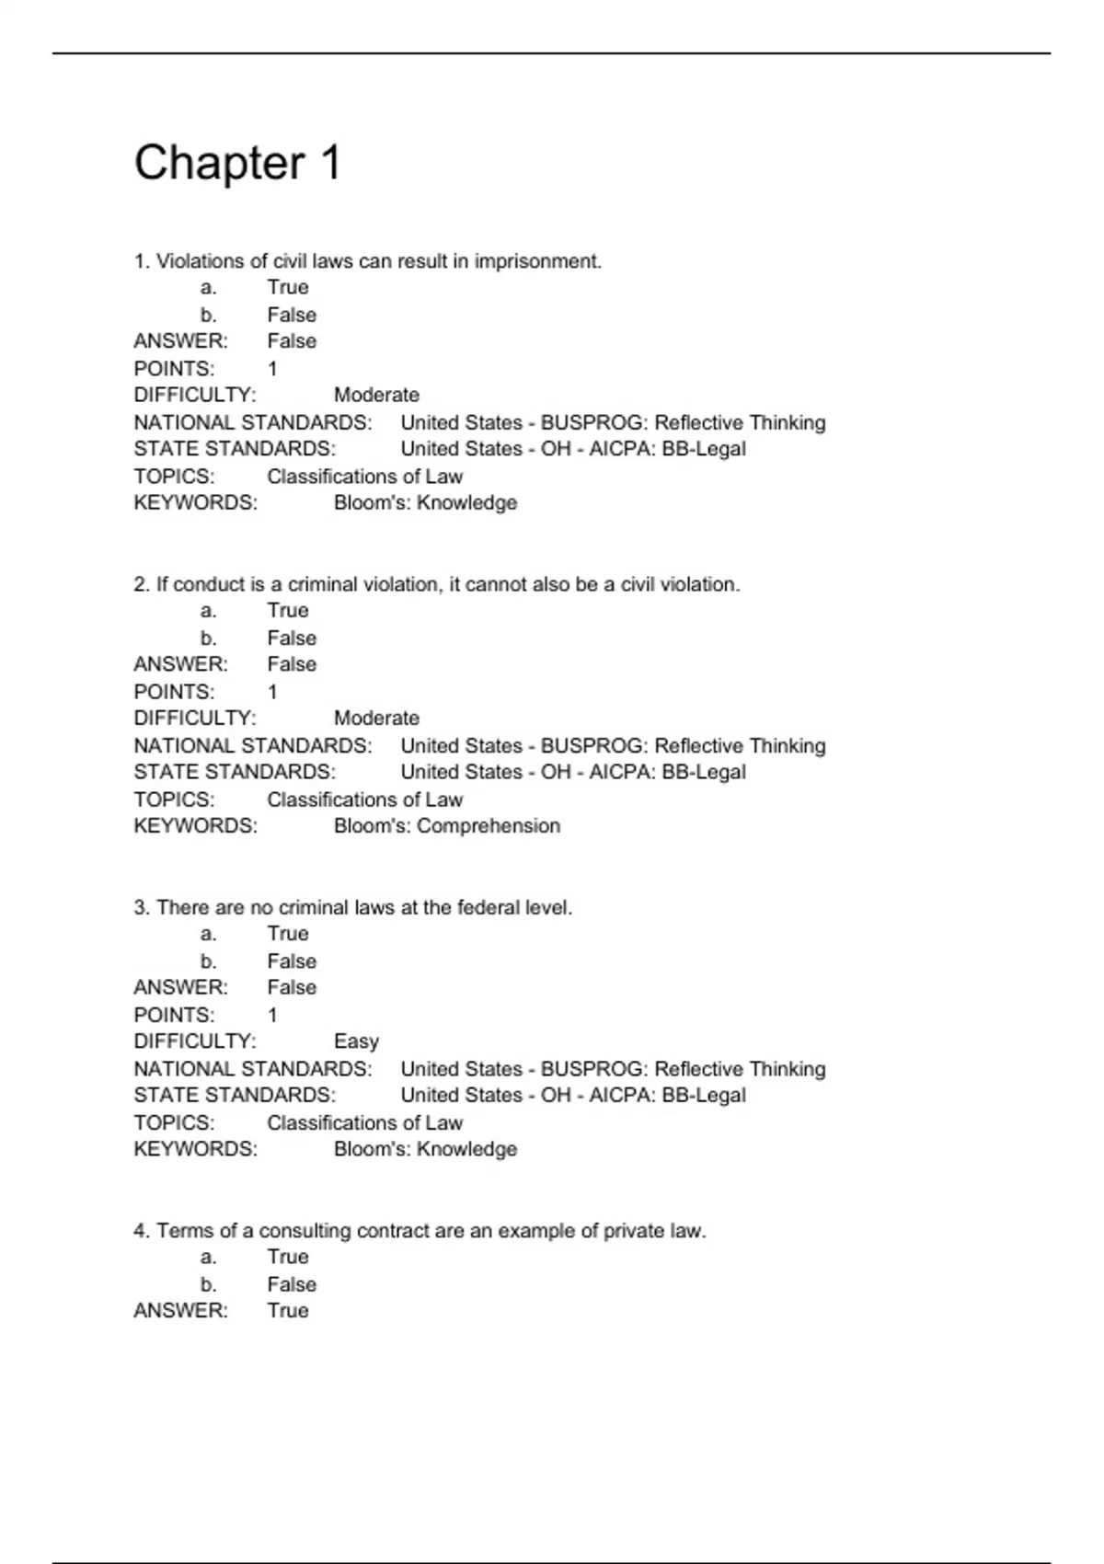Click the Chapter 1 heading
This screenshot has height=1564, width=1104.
pyautogui.click(x=237, y=163)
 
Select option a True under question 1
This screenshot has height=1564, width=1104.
pyautogui.click(x=288, y=287)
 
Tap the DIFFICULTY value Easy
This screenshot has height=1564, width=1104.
pyautogui.click(x=356, y=1041)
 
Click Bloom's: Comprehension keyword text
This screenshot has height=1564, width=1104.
pyautogui.click(x=446, y=825)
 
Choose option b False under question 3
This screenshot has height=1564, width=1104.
pyautogui.click(x=292, y=960)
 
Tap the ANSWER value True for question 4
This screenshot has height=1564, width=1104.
pyautogui.click(x=288, y=1310)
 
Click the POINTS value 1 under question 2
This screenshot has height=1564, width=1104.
pyautogui.click(x=272, y=692)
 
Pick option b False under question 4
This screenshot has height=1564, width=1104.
pyautogui.click(x=292, y=1284)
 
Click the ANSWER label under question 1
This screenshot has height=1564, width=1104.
pyautogui.click(x=180, y=341)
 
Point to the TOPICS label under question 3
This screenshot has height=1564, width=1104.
pyautogui.click(x=174, y=1122)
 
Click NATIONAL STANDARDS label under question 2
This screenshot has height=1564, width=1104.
pyautogui.click(x=253, y=745)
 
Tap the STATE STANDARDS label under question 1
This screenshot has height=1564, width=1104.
pyautogui.click(x=235, y=449)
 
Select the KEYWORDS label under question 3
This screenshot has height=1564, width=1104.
pyautogui.click(x=195, y=1149)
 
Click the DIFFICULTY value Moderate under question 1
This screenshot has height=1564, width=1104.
pyautogui.click(x=376, y=395)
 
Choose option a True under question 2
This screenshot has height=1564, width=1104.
pyautogui.click(x=288, y=611)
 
